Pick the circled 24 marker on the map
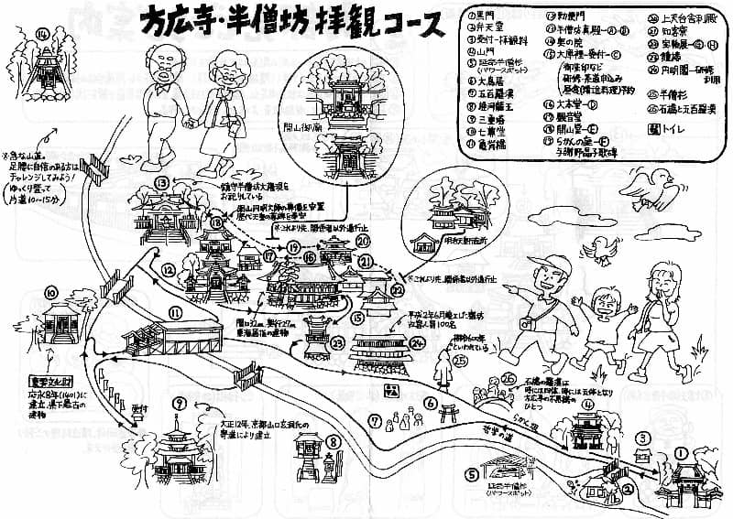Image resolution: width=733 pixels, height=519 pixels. click(x=419, y=345)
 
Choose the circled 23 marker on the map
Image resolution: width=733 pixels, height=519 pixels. click(x=337, y=342)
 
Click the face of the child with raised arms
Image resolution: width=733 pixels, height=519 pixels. click(x=606, y=300)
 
